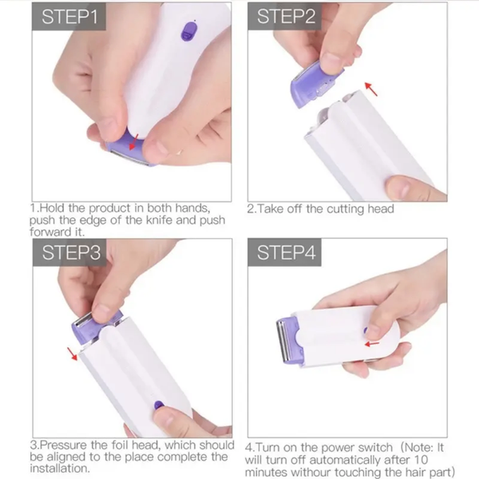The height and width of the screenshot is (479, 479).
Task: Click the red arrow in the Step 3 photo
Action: point(74,353)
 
